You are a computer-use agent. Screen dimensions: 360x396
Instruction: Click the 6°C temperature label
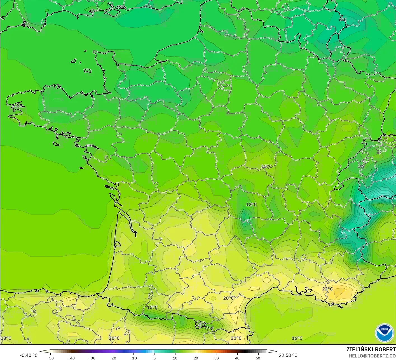(343, 20)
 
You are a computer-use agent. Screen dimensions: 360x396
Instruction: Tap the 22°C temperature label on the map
(327, 289)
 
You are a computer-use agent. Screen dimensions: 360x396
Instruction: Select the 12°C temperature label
(251, 204)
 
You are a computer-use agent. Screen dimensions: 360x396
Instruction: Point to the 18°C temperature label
(6, 338)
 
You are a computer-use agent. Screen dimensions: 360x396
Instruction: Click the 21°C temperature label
(236, 338)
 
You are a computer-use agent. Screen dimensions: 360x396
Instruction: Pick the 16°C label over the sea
(297, 338)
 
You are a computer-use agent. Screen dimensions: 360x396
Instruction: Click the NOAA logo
(384, 333)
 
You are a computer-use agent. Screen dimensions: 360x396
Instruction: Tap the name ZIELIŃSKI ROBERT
(371, 349)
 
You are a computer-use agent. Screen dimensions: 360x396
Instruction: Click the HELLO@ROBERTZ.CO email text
(372, 356)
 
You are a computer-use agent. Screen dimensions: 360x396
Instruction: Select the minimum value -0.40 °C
(29, 355)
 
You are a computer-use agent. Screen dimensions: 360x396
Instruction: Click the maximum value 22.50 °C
(288, 355)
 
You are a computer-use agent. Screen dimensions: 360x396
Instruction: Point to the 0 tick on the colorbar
(154, 358)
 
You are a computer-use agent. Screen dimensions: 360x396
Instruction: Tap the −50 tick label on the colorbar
(50, 358)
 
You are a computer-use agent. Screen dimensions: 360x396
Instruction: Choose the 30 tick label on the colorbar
(216, 358)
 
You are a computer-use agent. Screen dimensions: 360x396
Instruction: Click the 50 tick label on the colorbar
(258, 358)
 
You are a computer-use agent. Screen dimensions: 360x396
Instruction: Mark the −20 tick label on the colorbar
(113, 358)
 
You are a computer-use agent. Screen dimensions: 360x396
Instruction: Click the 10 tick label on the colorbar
(175, 358)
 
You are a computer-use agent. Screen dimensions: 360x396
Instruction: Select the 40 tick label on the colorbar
(237, 358)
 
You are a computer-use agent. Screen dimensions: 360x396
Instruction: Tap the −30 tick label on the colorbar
(92, 358)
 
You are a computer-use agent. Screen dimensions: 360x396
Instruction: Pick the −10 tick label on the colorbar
(133, 358)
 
